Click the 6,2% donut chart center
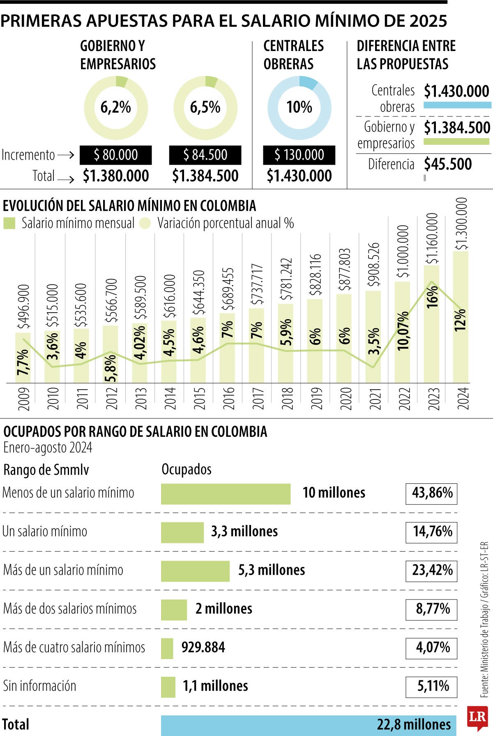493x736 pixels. click(x=116, y=108)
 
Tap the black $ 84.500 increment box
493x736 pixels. click(x=205, y=155)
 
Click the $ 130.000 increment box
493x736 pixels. click(x=299, y=155)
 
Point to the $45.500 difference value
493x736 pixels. click(x=448, y=164)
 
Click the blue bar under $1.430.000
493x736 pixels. click(x=457, y=105)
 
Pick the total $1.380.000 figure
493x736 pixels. click(x=116, y=176)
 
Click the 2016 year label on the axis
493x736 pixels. click(x=228, y=398)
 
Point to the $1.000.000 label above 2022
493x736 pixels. click(x=403, y=251)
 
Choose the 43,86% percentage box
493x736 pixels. click(x=431, y=493)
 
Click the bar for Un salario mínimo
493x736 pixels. click(x=182, y=532)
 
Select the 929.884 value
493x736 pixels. click(x=203, y=648)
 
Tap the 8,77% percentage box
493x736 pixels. click(x=431, y=609)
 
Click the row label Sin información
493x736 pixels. click(x=40, y=686)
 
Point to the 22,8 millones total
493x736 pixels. click(x=414, y=724)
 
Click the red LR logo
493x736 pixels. click(x=477, y=717)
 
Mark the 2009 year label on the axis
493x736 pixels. click(x=24, y=398)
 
